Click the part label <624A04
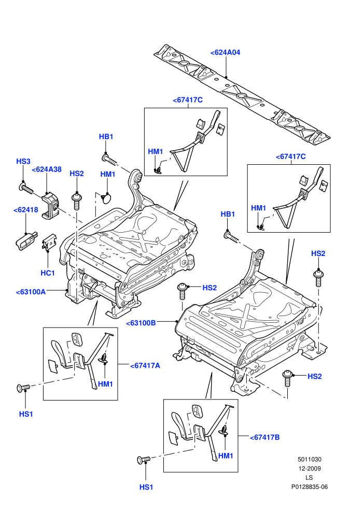(225, 52)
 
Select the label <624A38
(47, 169)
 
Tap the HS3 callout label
(23, 161)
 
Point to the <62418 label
(26, 210)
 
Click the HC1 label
(48, 273)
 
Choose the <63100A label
(31, 292)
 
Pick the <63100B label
(141, 323)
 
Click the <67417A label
(145, 365)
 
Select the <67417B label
(265, 437)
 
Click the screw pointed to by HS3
(26, 188)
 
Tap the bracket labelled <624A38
(50, 206)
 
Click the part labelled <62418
(26, 240)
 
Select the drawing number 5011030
(309, 459)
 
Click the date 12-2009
(309, 468)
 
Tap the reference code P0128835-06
(309, 487)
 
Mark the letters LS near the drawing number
(309, 478)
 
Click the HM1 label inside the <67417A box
(105, 384)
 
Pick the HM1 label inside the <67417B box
(226, 456)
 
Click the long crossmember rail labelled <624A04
(242, 95)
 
